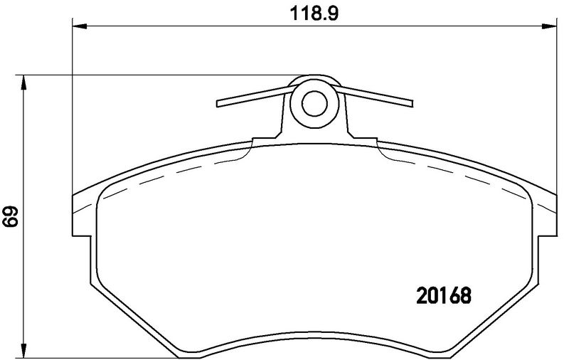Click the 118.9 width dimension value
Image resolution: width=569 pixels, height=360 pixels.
pyautogui.click(x=311, y=14)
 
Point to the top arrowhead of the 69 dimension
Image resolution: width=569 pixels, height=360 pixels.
pyautogui.click(x=25, y=80)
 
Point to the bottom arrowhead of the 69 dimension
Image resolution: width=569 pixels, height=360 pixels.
pyautogui.click(x=25, y=352)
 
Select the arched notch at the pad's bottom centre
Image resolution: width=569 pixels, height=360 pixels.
pyautogui.click(x=313, y=340)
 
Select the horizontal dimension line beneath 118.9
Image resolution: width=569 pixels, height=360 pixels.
pyautogui.click(x=213, y=27)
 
